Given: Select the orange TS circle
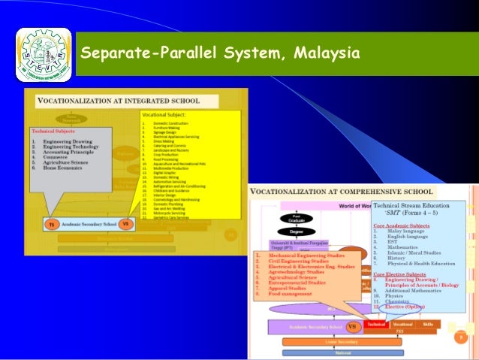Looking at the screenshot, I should pos(51,224).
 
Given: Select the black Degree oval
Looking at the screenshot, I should pos(296,233).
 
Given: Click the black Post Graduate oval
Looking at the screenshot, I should pos(296,219).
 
